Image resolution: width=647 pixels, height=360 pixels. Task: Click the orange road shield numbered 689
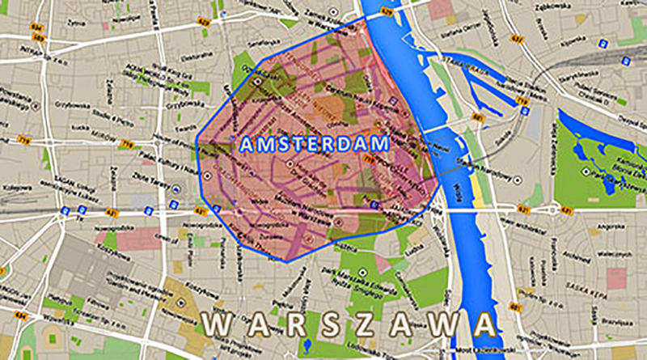38,36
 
